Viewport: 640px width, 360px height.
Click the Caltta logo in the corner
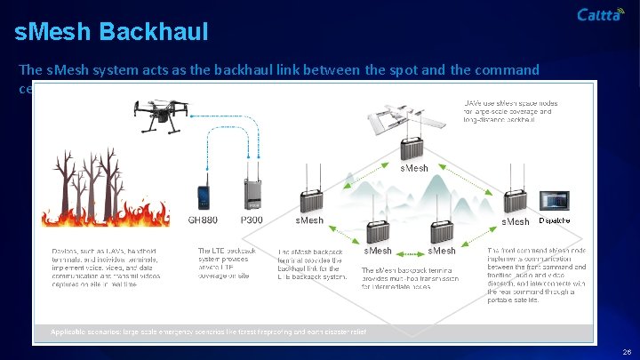pos(601,14)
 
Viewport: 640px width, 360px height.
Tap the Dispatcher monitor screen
pos(555,200)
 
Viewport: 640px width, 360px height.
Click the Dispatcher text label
pos(555,220)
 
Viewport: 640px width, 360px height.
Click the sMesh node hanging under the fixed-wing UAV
pos(413,146)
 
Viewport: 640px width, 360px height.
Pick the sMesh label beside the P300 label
pos(309,220)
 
